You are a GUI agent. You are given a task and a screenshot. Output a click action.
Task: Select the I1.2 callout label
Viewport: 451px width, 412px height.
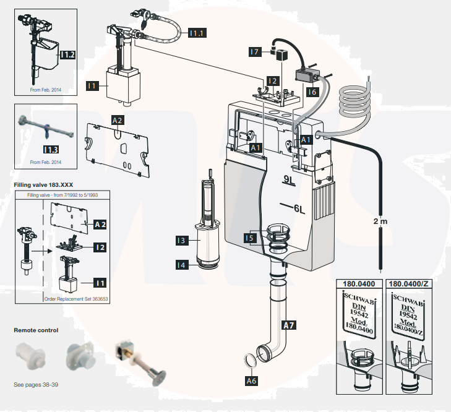68,55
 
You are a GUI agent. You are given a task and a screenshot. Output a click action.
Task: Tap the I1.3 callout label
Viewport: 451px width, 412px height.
51,148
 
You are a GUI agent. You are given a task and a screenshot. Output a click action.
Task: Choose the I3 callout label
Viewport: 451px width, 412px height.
181,239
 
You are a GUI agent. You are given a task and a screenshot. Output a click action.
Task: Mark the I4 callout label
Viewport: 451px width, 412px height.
181,265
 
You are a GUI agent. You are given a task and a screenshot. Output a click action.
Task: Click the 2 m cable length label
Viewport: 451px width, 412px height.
380,221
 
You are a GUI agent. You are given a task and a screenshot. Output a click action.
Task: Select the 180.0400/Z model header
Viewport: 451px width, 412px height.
410,285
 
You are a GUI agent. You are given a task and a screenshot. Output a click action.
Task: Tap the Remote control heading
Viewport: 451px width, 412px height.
37,330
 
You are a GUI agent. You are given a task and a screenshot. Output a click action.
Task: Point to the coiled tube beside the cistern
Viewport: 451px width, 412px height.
356,101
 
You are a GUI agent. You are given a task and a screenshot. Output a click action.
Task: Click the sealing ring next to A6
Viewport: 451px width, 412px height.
246,359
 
